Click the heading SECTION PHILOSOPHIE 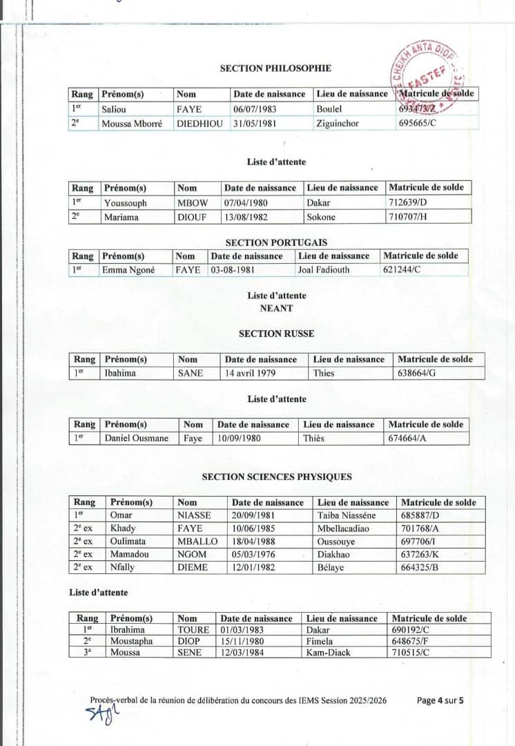pos(275,68)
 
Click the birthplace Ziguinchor pos(338,124)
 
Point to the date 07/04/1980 pos(246,203)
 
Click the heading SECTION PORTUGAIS pos(276,242)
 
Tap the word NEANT pos(276,308)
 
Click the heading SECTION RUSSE pos(276,334)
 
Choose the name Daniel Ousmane pos(136,438)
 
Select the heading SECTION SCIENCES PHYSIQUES pos(277,477)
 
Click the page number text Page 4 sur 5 pos(440,700)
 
